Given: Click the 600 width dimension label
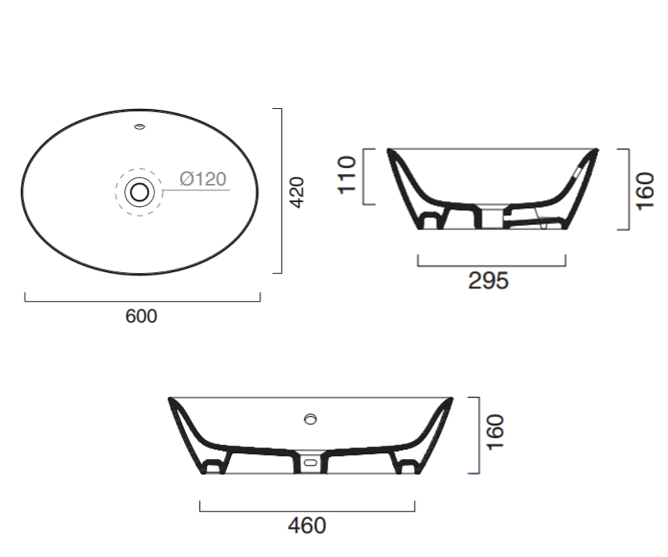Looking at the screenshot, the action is [x=141, y=316].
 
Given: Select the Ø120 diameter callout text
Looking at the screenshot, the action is [x=203, y=179].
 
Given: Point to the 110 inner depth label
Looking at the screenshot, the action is [x=347, y=175].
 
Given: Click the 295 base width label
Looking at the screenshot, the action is [x=488, y=281].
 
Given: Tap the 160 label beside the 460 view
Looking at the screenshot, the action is [x=495, y=433].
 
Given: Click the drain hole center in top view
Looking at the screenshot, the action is [x=140, y=192].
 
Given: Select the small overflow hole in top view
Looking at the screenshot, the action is [x=140, y=127].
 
